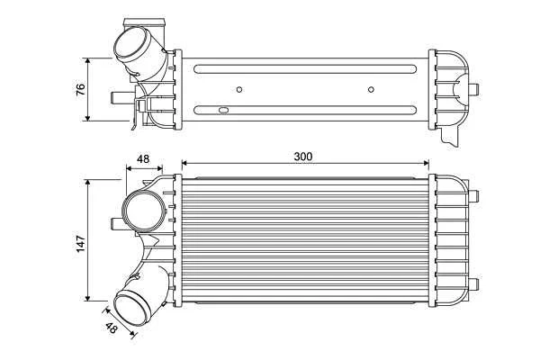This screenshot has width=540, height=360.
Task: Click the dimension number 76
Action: click(80, 89)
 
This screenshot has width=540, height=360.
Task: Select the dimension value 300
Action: click(303, 157)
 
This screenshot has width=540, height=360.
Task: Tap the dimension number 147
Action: click(80, 241)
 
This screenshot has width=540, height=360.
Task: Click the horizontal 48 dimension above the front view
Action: click(142, 159)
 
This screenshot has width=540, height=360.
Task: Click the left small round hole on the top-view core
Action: click(239, 89)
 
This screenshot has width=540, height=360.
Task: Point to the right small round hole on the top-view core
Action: click(372, 89)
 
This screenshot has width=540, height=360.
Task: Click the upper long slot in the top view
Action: click(306, 67)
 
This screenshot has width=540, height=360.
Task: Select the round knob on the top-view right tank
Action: click(474, 88)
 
